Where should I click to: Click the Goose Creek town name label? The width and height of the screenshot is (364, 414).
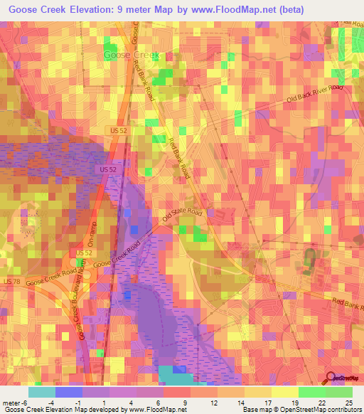coord(132,55)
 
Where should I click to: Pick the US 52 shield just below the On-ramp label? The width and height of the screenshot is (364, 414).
coord(85,253)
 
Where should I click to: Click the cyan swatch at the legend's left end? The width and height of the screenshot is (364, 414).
coord(41,392)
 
